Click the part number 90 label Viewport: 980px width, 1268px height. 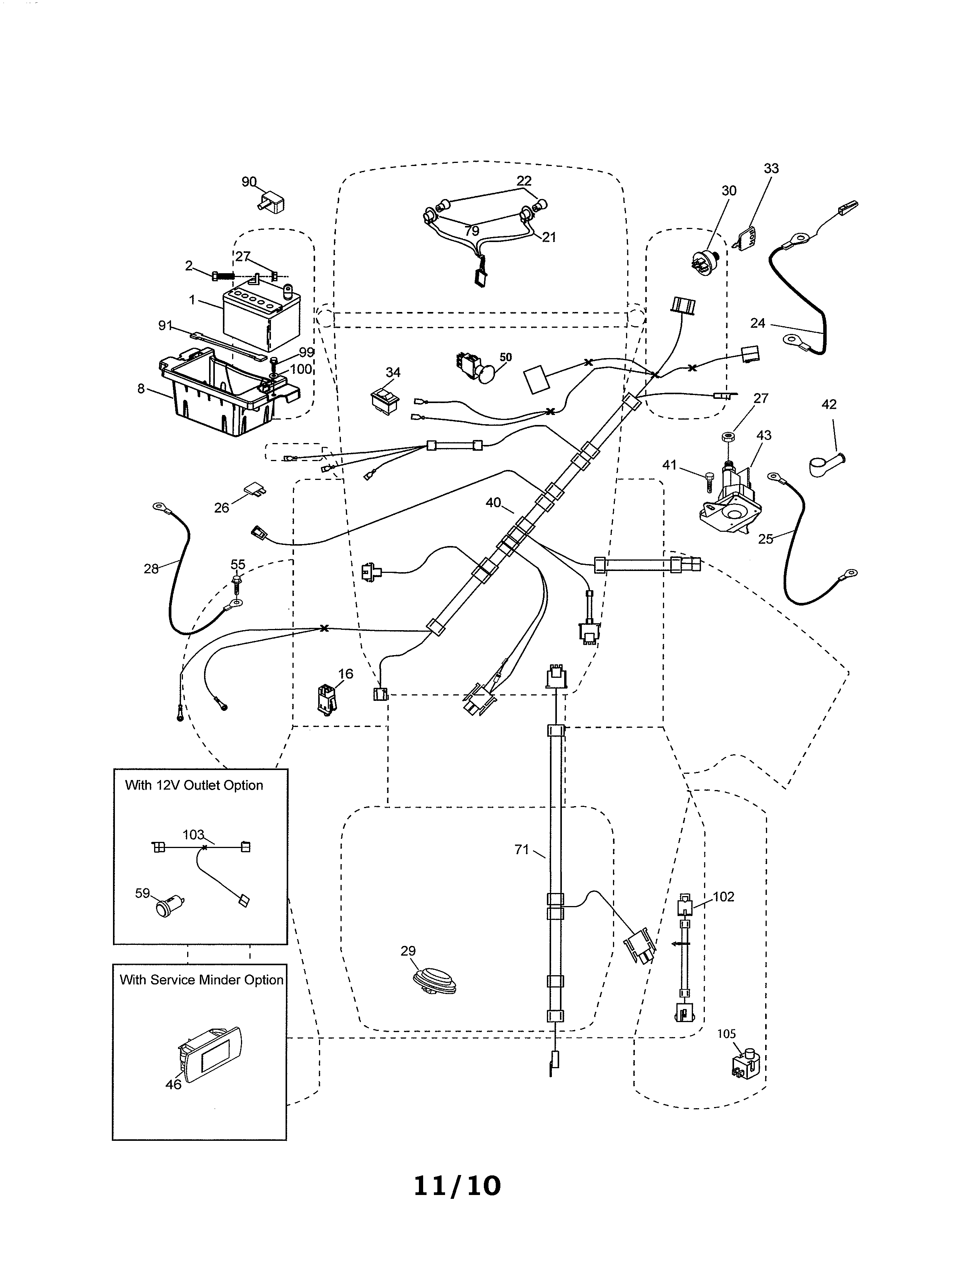pos(249,182)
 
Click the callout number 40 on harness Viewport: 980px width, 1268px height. pos(493,503)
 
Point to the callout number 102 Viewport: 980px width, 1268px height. pos(723,896)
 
